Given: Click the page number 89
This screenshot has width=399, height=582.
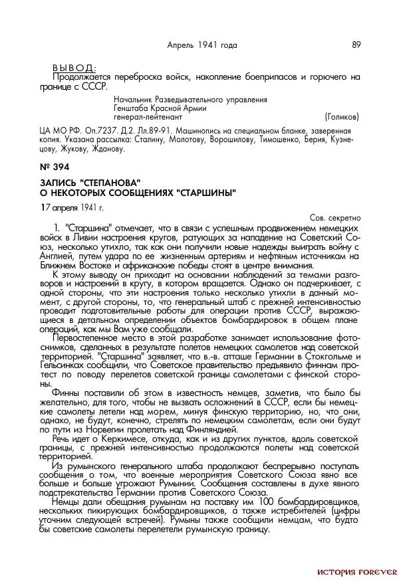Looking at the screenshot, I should [x=356, y=45].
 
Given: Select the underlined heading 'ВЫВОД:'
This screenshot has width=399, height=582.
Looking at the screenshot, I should [x=73, y=68].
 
